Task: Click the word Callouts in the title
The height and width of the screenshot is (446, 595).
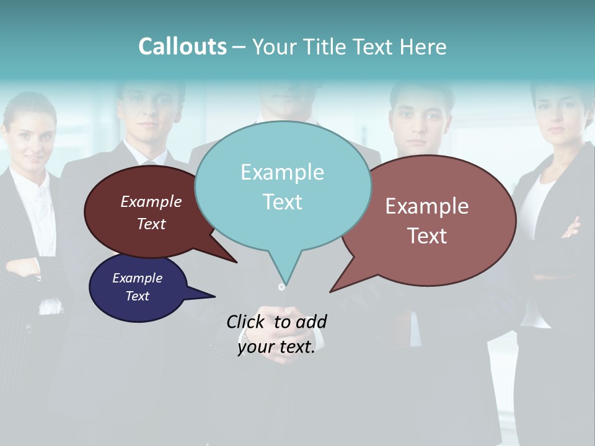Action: point(182,46)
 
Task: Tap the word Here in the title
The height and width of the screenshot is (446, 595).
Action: point(425,46)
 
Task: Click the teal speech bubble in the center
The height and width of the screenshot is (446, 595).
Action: point(283,186)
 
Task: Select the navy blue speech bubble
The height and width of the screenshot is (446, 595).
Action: point(138,288)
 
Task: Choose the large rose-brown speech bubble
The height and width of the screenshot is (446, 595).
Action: point(428,221)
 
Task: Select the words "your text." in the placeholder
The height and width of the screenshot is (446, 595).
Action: point(276,348)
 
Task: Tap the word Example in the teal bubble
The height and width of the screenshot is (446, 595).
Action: point(283,172)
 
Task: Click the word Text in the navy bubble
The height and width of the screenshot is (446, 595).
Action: point(138,296)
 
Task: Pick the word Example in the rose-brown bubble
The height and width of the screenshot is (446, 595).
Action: point(427,206)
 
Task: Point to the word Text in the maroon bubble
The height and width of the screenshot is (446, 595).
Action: point(151,224)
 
